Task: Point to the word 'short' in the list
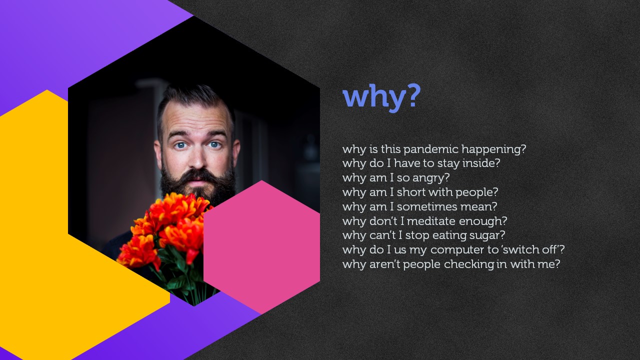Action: tap(411, 192)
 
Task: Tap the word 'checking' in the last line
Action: tap(469, 264)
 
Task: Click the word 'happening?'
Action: tap(493, 149)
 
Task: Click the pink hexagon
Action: tap(261, 247)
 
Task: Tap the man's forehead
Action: tap(196, 117)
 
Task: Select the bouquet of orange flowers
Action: tap(165, 228)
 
